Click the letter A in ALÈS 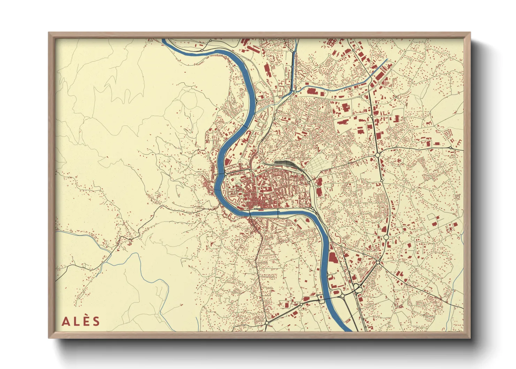65,321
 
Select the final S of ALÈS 96,321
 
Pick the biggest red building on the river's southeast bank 331,257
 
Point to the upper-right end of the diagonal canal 386,60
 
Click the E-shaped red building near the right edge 458,142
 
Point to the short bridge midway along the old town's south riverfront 278,213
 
